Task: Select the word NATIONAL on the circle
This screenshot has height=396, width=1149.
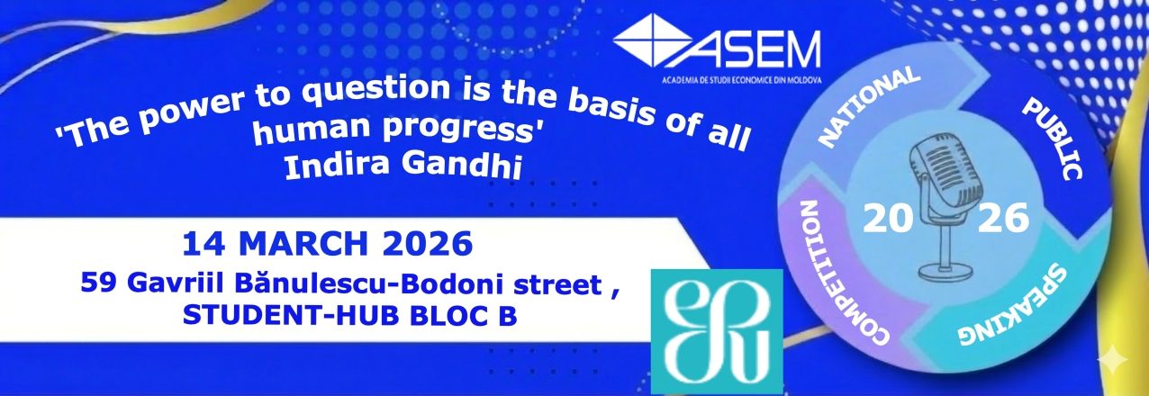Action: (868, 107)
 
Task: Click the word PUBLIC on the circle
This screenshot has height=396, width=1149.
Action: (1053, 139)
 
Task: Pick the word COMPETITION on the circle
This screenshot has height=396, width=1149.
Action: (837, 273)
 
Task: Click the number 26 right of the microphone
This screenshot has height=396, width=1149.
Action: (1003, 218)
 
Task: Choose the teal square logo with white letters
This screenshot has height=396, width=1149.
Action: (717, 331)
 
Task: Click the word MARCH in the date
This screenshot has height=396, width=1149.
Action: (303, 244)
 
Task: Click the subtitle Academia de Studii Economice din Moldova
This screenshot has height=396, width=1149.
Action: (742, 80)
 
